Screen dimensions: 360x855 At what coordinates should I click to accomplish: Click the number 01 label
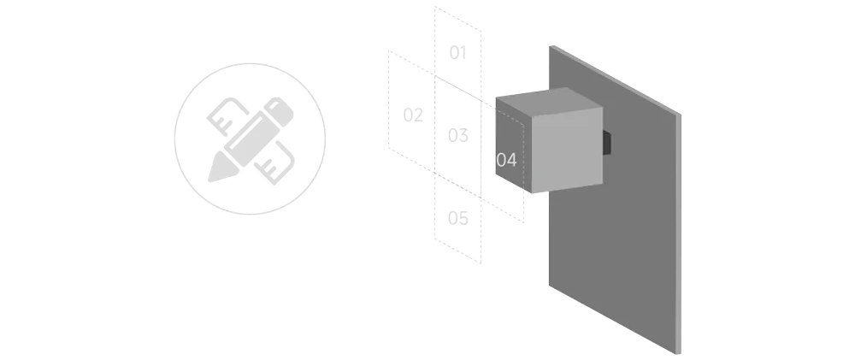[457, 54]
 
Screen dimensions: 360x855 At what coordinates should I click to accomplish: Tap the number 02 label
[414, 113]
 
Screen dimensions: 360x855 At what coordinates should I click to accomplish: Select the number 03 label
[457, 134]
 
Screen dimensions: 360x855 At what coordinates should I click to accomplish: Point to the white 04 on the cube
[507, 160]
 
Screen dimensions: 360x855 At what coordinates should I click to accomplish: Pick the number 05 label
[457, 218]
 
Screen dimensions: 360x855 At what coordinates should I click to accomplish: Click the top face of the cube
[547, 100]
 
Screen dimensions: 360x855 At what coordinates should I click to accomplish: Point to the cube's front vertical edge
[532, 154]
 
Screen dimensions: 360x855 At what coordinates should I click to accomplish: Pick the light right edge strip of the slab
[682, 231]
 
